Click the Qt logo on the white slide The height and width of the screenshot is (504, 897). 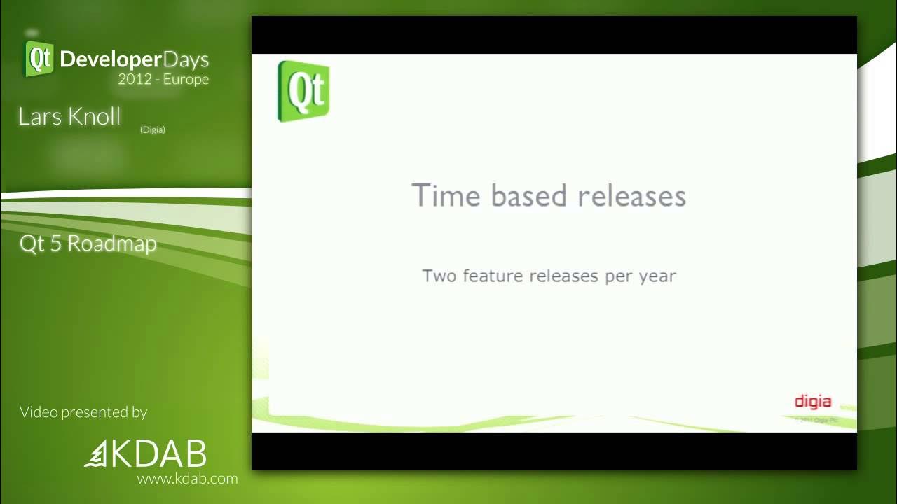[x=303, y=91]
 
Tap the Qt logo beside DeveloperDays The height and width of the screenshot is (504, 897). [x=39, y=59]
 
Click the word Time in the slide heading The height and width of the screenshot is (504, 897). [x=446, y=195]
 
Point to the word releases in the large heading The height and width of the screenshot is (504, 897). [x=631, y=195]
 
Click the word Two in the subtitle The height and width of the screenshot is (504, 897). [x=439, y=276]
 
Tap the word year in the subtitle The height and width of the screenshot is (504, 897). [x=657, y=276]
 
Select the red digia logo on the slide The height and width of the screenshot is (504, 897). [x=812, y=402]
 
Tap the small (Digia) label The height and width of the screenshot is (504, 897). [x=152, y=129]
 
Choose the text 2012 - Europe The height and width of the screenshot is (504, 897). [x=163, y=79]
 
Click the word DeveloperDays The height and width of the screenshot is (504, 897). [x=135, y=59]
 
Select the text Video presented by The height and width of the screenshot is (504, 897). [x=83, y=412]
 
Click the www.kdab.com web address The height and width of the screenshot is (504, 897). [x=187, y=479]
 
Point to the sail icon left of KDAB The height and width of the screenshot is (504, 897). [x=95, y=455]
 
